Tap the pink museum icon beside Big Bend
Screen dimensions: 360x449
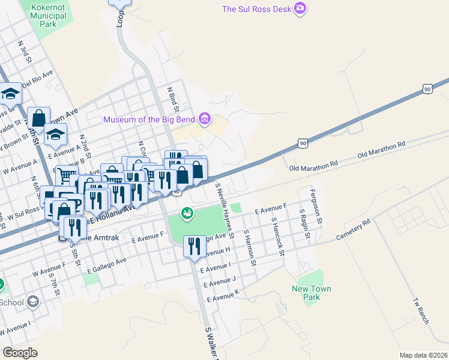205,119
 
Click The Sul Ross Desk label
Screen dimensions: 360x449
256,9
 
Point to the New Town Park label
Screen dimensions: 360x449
312,293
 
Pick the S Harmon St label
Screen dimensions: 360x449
250,248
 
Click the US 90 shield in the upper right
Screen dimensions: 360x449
427,89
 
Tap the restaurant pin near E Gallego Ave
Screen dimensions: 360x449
194,247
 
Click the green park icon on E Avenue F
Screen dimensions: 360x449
188,212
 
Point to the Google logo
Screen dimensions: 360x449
20,353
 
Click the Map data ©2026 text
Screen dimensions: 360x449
424,355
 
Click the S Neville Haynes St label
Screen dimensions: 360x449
224,204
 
